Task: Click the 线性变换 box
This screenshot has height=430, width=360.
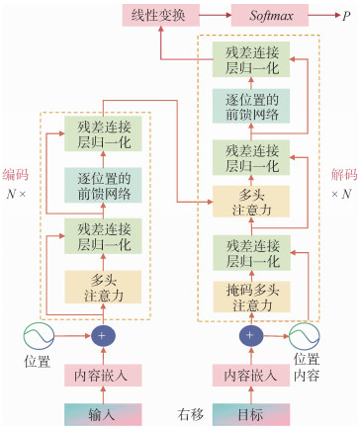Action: (161, 15)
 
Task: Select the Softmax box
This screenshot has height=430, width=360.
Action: (270, 15)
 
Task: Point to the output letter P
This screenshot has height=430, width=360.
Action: (346, 16)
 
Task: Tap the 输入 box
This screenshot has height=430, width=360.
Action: (103, 414)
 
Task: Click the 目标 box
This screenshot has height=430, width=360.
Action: (251, 414)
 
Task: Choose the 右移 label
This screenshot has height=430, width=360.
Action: (190, 414)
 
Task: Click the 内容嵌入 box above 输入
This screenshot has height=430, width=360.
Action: (103, 376)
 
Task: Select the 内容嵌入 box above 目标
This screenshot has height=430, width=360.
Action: (251, 376)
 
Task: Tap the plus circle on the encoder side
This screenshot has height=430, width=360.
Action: (103, 336)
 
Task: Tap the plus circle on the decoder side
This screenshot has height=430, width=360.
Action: (251, 335)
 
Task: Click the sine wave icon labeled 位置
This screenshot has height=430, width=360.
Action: (39, 336)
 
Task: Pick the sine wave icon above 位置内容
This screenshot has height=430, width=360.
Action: (304, 336)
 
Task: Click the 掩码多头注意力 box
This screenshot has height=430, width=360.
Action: (252, 297)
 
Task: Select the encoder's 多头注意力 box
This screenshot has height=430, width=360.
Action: (103, 287)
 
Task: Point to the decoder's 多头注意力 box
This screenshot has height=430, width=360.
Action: (251, 202)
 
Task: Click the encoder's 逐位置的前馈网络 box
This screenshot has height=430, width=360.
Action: (103, 185)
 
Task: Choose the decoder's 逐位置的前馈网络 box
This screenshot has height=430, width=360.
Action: (251, 106)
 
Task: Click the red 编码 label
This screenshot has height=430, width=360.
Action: (16, 175)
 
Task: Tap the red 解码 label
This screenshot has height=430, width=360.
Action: (344, 175)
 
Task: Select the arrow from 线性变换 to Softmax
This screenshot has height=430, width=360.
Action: (216, 15)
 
